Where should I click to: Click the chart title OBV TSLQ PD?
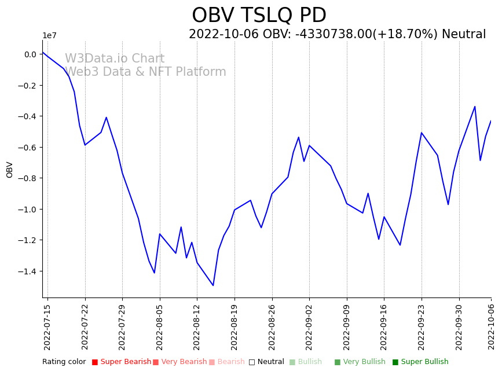point(259,16)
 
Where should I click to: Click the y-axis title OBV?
point(10,169)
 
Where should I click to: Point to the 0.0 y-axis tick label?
point(31,54)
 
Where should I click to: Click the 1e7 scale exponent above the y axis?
point(50,36)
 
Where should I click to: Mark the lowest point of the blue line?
point(213,285)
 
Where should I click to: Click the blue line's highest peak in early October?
point(475,106)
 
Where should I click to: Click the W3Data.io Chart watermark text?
point(115,59)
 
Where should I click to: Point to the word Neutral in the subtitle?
point(464,35)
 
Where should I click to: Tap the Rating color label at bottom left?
point(64,362)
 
